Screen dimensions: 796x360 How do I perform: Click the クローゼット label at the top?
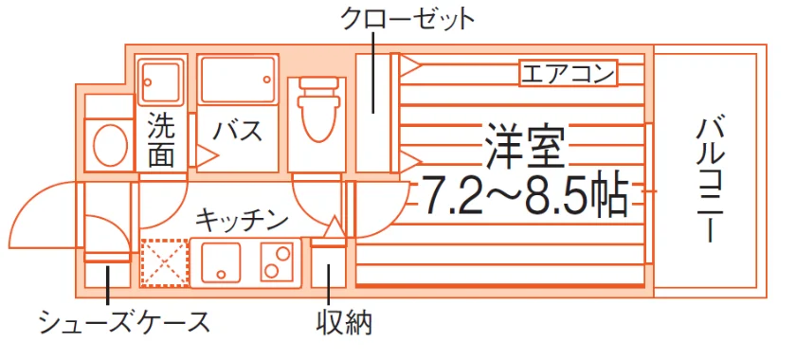[407, 19]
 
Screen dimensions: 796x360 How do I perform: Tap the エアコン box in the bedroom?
[568, 74]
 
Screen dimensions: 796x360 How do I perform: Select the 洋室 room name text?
[524, 146]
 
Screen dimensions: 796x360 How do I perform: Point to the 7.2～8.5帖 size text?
[524, 195]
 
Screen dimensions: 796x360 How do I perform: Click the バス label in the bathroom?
[237, 131]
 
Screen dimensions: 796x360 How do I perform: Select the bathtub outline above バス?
[238, 80]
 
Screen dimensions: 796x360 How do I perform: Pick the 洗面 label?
[161, 142]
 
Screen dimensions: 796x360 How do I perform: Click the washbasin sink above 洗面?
[160, 81]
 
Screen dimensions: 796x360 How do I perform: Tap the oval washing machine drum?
[110, 144]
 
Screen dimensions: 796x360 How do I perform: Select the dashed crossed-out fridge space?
[165, 262]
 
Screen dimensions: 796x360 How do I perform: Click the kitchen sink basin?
[220, 262]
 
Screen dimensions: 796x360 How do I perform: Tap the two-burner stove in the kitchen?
[278, 262]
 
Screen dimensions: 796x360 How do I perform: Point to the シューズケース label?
[125, 321]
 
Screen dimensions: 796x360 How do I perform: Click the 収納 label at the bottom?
[344, 322]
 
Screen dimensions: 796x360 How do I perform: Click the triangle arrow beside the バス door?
[207, 156]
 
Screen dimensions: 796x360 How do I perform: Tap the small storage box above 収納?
[328, 267]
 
